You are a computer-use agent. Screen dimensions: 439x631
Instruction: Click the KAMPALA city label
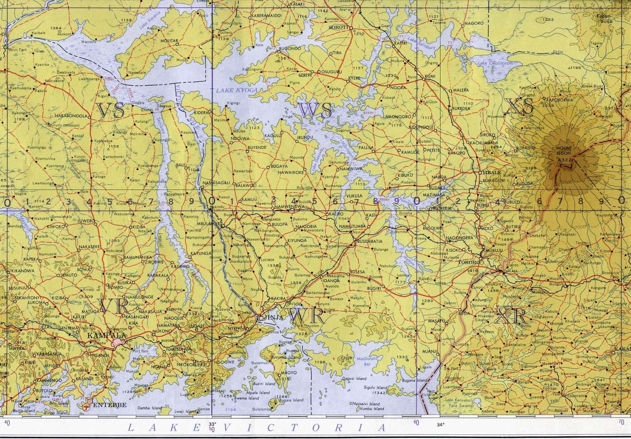101,335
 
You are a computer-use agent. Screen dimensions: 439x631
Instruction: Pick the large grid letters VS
111,111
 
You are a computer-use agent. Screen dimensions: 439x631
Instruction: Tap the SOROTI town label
339,28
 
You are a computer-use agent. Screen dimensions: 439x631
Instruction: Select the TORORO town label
469,262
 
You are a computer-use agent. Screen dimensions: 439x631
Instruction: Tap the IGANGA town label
330,281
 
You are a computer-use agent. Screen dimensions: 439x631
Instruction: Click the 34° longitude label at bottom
440,424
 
